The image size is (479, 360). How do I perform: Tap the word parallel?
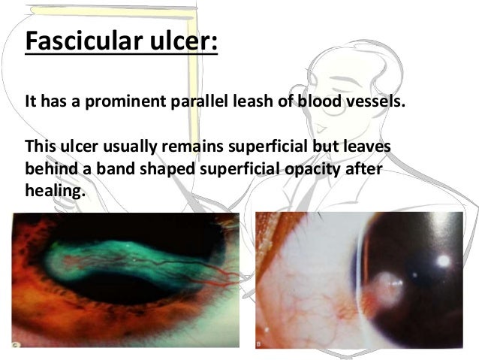[x=195, y=101]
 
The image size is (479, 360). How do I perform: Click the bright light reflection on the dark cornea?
[x=445, y=261]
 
